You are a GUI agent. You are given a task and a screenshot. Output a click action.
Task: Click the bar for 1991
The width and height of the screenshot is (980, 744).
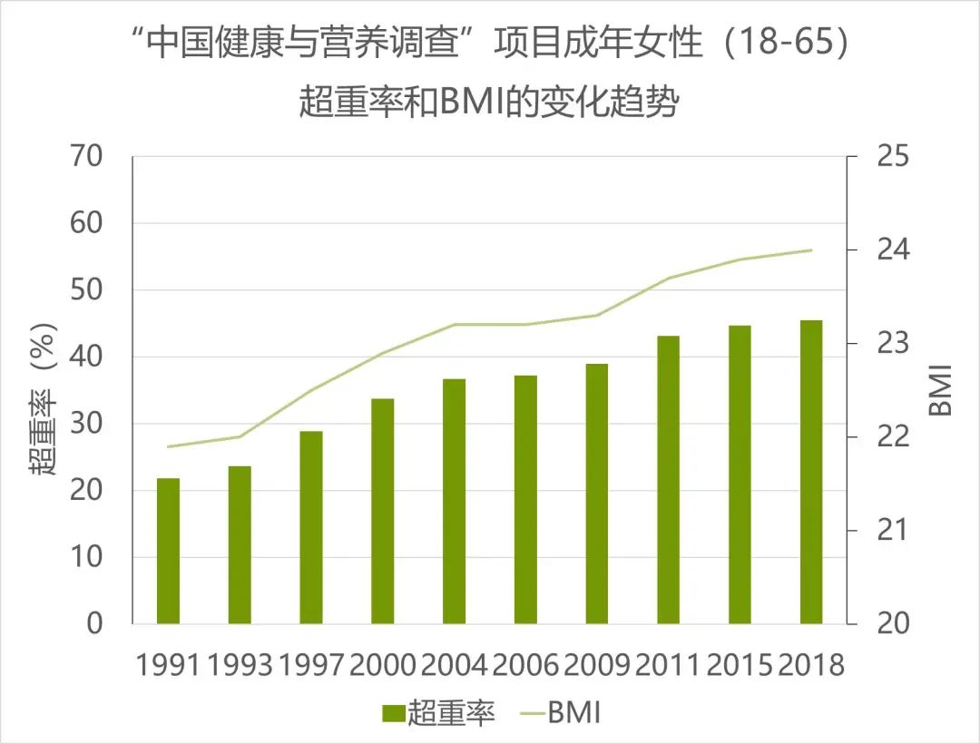coord(168,551)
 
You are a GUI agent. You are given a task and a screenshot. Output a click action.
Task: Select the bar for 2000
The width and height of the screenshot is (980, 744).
coord(382,511)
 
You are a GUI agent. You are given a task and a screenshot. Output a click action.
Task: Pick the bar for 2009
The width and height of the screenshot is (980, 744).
coord(597,494)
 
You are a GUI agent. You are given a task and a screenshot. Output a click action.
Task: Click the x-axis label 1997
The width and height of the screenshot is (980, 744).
coord(311,665)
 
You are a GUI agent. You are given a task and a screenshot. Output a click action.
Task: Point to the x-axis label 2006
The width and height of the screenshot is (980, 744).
coord(525,665)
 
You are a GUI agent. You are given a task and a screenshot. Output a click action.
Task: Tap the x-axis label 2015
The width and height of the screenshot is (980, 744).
coord(740,665)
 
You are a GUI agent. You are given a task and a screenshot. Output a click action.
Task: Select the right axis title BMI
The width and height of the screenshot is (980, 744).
coord(942,390)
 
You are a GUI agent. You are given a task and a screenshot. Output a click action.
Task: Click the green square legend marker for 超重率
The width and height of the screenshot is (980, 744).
coord(392,714)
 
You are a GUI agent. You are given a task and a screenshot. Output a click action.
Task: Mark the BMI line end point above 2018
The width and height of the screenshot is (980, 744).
coord(811,250)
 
